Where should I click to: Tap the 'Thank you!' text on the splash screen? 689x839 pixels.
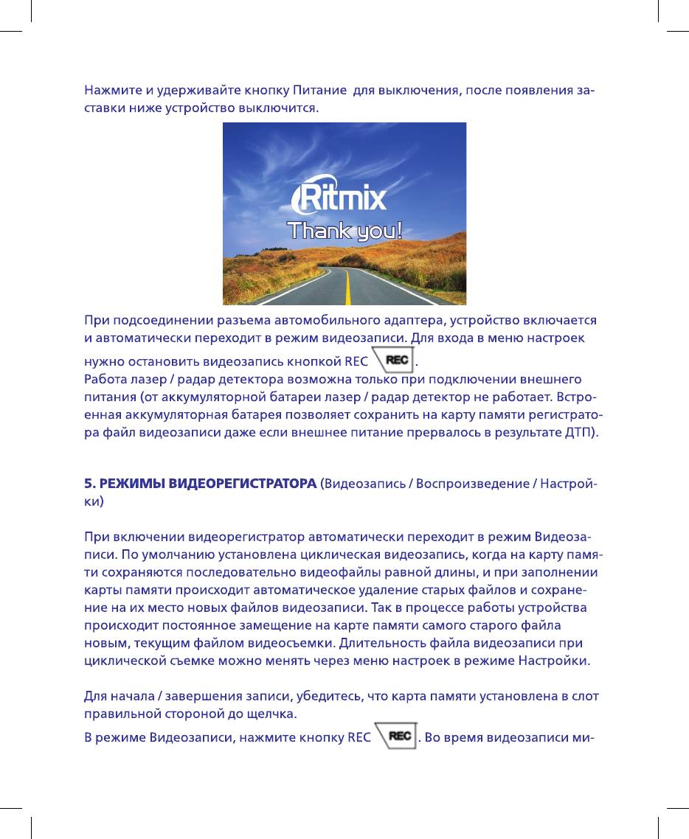(x=344, y=231)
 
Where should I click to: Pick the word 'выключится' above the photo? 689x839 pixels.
(x=280, y=108)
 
